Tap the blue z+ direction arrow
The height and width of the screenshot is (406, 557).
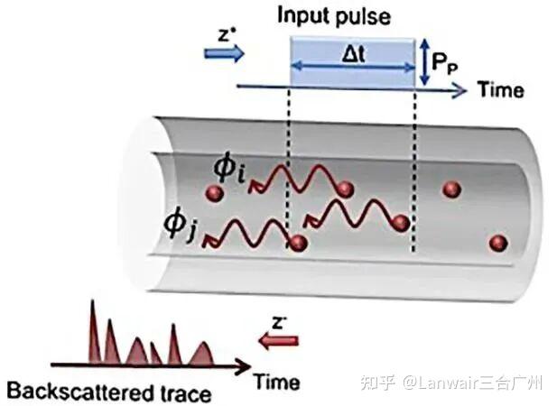[225, 54]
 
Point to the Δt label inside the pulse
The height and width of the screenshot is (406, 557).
[354, 55]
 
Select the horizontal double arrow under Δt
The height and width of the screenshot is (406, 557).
[353, 67]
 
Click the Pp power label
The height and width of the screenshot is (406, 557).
[444, 64]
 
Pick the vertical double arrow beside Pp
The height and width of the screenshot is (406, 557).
[424, 61]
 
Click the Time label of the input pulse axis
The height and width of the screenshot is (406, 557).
[500, 89]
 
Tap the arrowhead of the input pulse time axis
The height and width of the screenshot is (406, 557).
[460, 91]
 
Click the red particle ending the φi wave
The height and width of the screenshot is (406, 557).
[345, 189]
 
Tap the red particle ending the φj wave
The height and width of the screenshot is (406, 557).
[298, 243]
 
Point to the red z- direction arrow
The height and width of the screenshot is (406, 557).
[278, 341]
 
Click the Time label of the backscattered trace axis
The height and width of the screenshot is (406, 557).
[277, 383]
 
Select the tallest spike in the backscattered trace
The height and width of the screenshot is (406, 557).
[94, 332]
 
